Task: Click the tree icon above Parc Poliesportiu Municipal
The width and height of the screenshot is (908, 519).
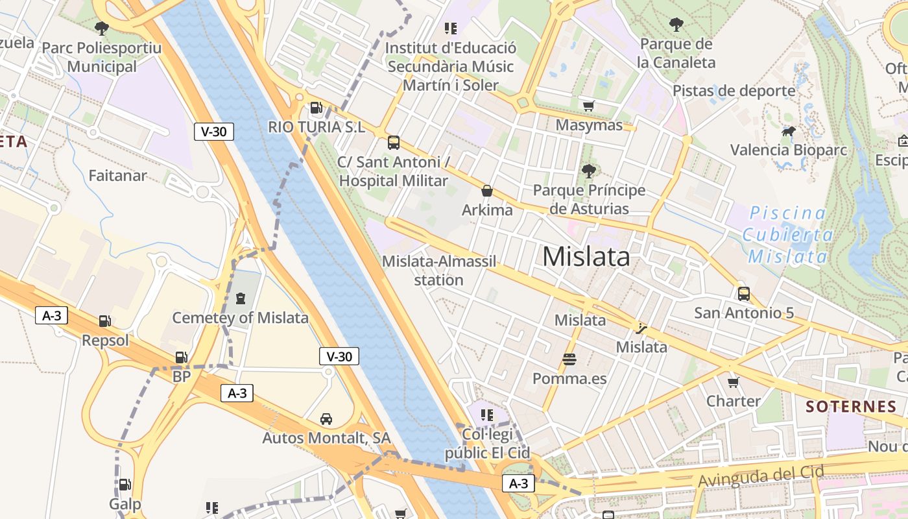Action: (101, 28)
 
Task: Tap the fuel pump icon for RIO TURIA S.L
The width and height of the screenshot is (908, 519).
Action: (317, 108)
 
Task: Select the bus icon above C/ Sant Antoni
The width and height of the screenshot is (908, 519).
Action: (394, 143)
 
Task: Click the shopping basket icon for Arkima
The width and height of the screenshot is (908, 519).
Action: (487, 191)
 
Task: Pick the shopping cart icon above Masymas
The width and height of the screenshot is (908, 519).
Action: (589, 106)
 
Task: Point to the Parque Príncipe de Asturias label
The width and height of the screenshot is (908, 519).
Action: (589, 199)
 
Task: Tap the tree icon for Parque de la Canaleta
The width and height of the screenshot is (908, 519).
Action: (676, 25)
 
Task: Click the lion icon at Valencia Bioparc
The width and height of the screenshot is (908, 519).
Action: (789, 132)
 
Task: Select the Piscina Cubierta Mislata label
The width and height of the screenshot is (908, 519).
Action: (788, 234)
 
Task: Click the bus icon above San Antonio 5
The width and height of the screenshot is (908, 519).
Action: (744, 293)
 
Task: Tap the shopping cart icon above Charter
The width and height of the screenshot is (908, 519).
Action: (734, 381)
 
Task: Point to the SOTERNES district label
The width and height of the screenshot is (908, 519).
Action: (851, 407)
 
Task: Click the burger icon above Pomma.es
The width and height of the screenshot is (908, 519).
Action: (569, 359)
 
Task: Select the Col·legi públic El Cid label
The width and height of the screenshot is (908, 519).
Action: (488, 443)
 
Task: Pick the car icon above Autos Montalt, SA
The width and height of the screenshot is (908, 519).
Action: (326, 418)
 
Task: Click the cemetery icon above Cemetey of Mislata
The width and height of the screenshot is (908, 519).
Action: (241, 298)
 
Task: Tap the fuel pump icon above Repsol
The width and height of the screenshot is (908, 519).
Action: (105, 320)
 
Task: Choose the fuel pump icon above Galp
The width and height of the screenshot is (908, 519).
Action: (125, 484)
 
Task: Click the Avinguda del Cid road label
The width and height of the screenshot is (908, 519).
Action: (761, 476)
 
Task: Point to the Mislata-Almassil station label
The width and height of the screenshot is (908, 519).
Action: (439, 271)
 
